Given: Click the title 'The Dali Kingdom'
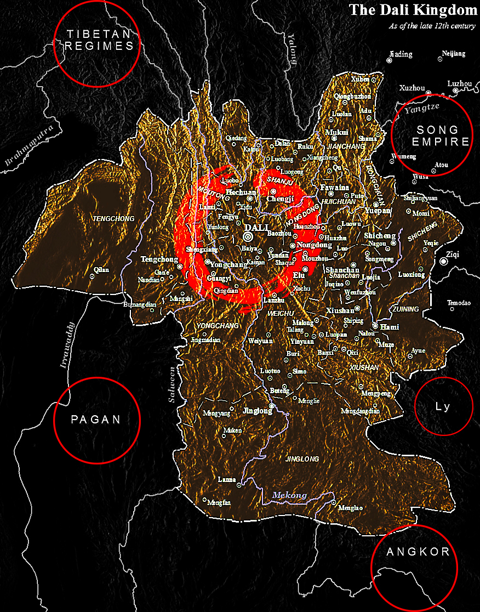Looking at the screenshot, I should coord(413,10).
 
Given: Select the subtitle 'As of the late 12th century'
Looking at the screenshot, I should coord(432,26).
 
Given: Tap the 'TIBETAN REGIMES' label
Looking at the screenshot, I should coord(100,40).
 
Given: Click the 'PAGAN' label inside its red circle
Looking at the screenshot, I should coord(96,420).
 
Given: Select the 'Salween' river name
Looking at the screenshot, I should coord(172,384).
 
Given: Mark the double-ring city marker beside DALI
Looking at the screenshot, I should coord(247,237).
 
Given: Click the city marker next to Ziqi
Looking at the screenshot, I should coord(443,262).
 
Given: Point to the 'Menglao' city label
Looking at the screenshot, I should coord(350,508).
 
